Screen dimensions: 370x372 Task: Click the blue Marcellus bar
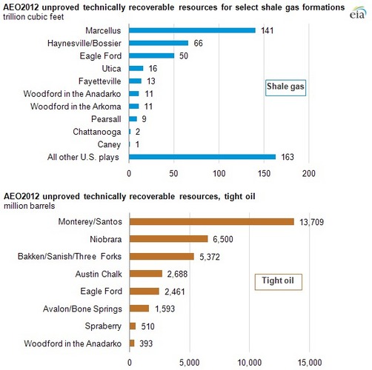[192, 30]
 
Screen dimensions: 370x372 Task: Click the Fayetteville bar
[135, 81]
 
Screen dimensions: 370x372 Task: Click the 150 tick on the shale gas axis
[264, 174]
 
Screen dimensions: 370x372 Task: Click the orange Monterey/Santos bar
[211, 221]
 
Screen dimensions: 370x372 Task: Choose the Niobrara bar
[168, 239]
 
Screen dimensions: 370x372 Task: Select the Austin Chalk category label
[99, 274]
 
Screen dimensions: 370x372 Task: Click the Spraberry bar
[133, 326]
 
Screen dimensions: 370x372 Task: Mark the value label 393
[147, 343]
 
